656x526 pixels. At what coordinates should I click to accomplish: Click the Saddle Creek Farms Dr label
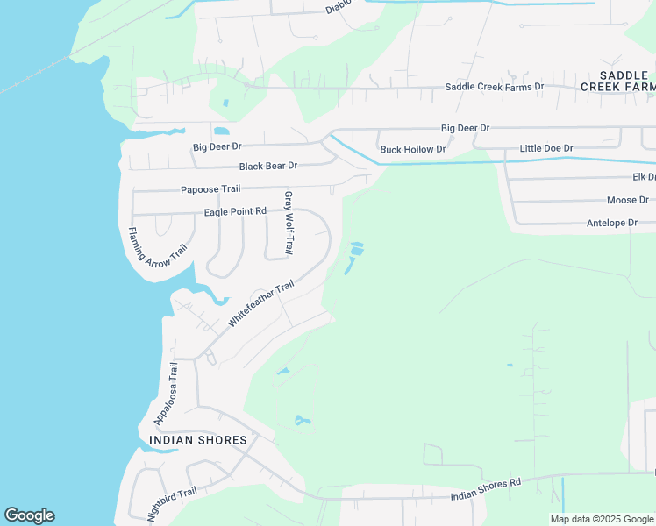495,87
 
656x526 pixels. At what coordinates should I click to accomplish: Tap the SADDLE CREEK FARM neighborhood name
617,81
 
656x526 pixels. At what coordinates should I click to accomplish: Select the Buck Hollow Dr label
412,150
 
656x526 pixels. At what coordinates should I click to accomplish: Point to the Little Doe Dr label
545,149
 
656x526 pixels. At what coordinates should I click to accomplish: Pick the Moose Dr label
627,201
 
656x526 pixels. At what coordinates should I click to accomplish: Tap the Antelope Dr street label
611,224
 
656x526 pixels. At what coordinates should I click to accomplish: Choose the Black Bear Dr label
268,166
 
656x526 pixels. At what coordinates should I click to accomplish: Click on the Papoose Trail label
210,189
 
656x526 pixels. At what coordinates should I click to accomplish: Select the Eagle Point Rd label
235,212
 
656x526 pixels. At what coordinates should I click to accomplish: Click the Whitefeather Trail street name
260,304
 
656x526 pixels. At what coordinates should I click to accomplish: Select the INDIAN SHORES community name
198,440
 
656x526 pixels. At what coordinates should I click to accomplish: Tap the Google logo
29,515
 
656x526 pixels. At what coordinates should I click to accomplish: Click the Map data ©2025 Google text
602,519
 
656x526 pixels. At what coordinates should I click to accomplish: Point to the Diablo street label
339,7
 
